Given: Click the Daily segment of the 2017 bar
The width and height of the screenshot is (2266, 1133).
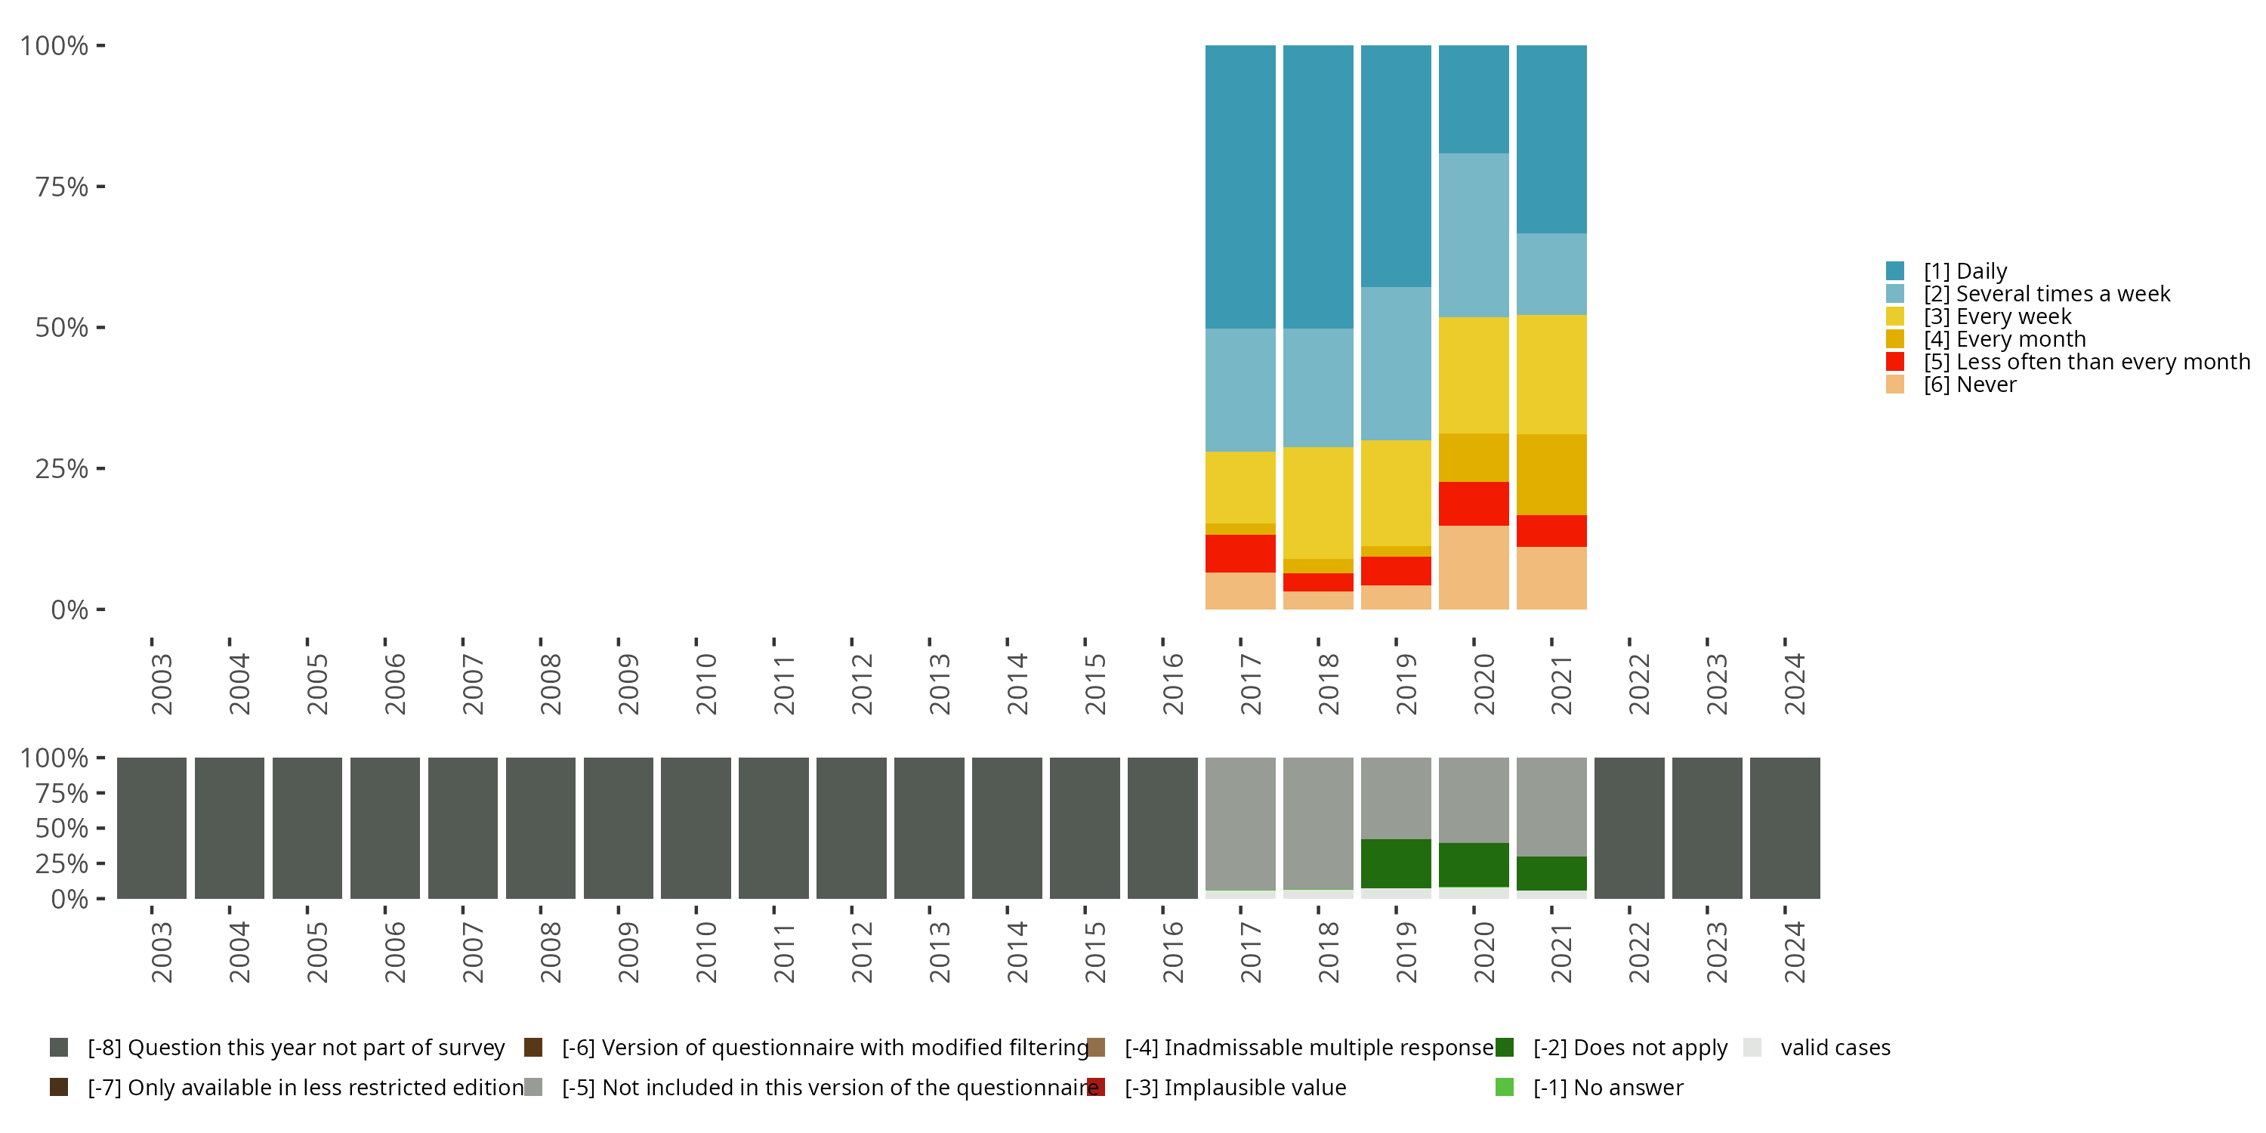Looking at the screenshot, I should coord(1240,187).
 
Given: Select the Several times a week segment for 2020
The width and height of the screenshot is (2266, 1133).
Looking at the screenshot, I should coord(1474,235).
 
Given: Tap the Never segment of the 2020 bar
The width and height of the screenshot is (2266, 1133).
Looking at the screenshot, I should coord(1474,567).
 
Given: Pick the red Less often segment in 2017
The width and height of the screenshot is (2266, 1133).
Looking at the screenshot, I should coord(1240,554).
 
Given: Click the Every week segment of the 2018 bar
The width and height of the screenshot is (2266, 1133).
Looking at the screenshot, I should coord(1318,502).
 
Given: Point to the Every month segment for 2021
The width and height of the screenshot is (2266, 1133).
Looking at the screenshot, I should coord(1551,474).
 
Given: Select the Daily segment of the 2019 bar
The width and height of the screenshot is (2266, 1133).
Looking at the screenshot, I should coord(1395,165).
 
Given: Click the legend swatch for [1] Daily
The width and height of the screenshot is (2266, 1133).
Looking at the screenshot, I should coord(1895,271).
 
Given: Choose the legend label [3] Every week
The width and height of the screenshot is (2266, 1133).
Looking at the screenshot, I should coord(1997,316).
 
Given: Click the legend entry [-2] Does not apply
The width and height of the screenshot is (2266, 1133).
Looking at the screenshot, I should coord(1630,1048).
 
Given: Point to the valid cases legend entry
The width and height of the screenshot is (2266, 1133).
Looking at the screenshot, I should coord(1835,1048).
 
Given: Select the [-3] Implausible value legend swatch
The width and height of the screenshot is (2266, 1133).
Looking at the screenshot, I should coord(1096,1087).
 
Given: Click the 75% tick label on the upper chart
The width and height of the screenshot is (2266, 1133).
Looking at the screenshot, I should coord(62,187).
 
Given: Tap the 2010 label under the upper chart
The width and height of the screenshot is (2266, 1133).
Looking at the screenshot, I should coord(706,684).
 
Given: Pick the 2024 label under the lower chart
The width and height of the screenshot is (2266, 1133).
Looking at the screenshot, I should coord(1794,952).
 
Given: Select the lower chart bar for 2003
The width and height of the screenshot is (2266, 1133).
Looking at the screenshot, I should coord(151,828).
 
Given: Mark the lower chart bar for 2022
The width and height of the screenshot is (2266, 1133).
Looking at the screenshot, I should coord(1629,828).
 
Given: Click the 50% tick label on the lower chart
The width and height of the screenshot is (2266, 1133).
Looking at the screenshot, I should coord(62,829).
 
